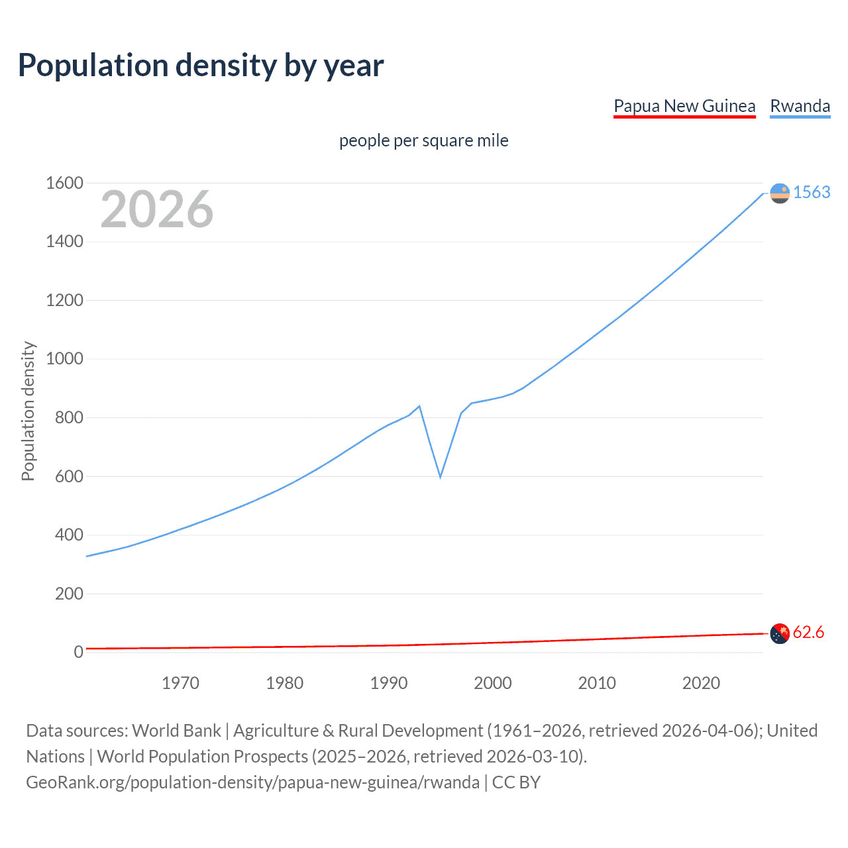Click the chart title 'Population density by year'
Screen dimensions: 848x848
point(201,66)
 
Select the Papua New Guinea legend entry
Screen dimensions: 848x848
point(684,107)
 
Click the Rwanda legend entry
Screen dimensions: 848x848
point(800,107)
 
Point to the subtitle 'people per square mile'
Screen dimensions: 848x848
point(423,141)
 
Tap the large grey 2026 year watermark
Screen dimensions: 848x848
point(157,209)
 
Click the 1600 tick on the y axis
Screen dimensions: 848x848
point(64,184)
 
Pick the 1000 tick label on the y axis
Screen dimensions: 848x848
point(64,359)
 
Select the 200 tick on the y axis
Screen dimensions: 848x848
point(69,594)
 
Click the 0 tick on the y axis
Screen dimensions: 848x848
point(78,653)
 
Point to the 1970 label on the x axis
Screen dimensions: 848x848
point(180,683)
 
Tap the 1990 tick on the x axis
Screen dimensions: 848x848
point(389,683)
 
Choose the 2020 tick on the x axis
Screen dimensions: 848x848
point(701,683)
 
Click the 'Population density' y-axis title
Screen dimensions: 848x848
point(28,411)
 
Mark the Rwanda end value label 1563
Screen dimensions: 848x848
point(812,193)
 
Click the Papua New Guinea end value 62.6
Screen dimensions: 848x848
point(808,633)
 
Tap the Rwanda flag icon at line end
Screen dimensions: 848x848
point(780,193)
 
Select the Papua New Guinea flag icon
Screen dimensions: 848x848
point(780,633)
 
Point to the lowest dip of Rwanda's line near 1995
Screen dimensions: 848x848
point(440,476)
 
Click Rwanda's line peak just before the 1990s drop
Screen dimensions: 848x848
point(419,406)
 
